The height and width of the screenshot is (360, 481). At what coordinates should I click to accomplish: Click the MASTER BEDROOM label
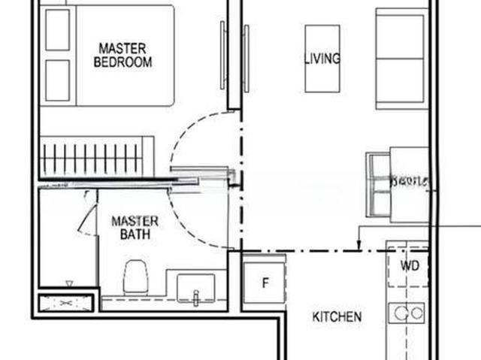click(x=123, y=55)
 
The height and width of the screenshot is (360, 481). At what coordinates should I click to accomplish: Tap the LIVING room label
click(x=322, y=58)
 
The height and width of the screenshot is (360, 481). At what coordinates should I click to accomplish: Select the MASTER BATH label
click(x=135, y=227)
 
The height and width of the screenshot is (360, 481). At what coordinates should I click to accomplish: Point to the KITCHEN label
click(x=337, y=317)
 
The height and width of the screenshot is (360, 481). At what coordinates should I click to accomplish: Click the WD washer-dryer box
click(x=409, y=265)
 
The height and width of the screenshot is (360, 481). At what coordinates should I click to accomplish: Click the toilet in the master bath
click(x=136, y=276)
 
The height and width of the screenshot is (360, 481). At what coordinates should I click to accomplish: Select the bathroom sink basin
click(x=195, y=288)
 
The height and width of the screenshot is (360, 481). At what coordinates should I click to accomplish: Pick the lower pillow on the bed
click(x=57, y=80)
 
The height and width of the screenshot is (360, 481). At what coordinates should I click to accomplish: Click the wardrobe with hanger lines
click(x=96, y=157)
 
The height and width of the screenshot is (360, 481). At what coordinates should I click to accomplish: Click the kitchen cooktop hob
click(x=407, y=313)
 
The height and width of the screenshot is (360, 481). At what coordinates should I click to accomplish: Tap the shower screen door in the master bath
click(x=89, y=214)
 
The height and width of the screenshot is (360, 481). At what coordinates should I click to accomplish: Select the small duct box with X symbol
click(x=67, y=302)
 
